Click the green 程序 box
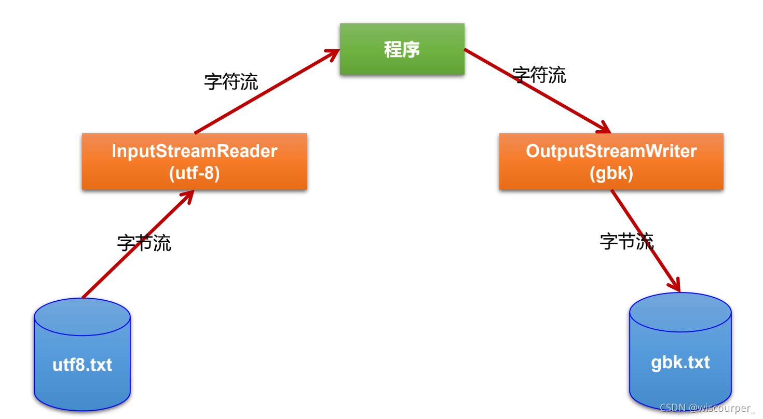tap(402, 49)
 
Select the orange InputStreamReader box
tap(194, 161)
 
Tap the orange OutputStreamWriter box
tap(611, 161)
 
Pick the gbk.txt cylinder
tap(680, 353)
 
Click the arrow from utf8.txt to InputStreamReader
tap(138, 244)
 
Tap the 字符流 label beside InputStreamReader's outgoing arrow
tap(231, 82)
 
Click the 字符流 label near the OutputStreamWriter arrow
tap(539, 75)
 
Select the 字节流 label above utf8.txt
tap(144, 243)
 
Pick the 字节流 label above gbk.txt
tap(626, 241)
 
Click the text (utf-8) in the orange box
tap(195, 173)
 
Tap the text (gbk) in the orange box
tap(611, 173)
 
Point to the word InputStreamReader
tap(195, 151)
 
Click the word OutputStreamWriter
tap(611, 151)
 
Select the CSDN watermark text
tap(707, 408)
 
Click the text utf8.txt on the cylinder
tap(82, 365)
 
